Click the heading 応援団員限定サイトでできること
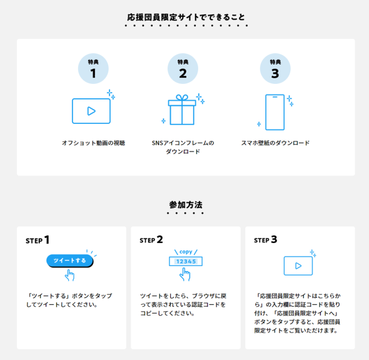click(x=186, y=17)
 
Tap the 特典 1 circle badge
click(x=93, y=69)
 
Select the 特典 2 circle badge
click(x=183, y=69)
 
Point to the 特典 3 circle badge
click(x=275, y=69)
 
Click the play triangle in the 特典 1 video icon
click(x=91, y=111)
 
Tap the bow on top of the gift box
click(x=182, y=97)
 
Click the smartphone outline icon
click(x=275, y=112)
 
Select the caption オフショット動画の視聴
click(x=93, y=143)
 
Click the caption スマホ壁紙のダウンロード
click(x=275, y=143)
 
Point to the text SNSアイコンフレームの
click(x=183, y=143)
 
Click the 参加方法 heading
click(x=186, y=205)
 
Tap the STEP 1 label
click(x=38, y=240)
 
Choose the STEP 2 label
click(x=151, y=240)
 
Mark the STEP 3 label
click(x=265, y=240)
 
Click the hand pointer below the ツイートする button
click(x=69, y=275)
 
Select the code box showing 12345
click(x=186, y=261)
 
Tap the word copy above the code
click(x=186, y=252)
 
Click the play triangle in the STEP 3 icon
click(x=298, y=265)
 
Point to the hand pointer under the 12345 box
click(x=184, y=275)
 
